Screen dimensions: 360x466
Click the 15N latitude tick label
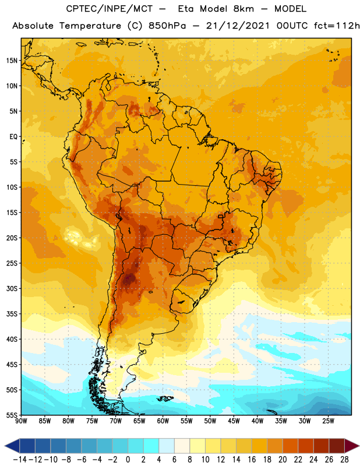point(12,61)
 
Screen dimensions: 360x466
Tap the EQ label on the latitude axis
point(13,137)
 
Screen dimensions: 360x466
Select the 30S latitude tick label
point(12,288)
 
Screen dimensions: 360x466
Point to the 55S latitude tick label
point(12,415)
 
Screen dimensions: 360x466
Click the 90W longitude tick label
point(21,421)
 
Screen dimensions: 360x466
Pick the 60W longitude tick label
point(163,421)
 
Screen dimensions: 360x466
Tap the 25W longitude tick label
point(329,421)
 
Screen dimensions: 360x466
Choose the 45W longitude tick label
point(234,421)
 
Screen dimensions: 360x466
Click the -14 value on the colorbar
point(20,460)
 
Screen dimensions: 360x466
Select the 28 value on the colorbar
point(344,460)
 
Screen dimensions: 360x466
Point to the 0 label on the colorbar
point(128,460)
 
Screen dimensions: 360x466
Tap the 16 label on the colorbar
point(252,460)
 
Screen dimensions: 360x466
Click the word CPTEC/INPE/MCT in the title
point(110,9)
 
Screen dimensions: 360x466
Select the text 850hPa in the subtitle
point(167,26)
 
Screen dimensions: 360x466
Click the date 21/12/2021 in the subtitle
point(238,26)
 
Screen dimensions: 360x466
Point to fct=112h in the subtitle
point(337,26)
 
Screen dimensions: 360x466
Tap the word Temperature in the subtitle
point(90,26)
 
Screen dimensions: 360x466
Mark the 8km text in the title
point(243,9)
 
